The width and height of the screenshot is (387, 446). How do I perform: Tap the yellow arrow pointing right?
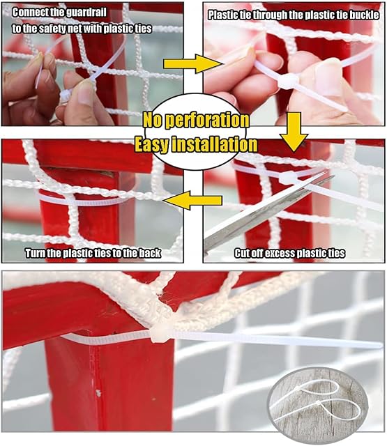[x=191, y=64]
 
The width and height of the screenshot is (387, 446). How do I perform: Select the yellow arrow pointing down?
[x=294, y=132]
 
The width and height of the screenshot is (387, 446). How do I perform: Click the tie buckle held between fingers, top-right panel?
[x=288, y=81]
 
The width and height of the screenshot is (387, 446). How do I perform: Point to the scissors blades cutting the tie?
[x=268, y=211]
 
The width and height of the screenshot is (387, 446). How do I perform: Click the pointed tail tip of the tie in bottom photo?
[x=381, y=346]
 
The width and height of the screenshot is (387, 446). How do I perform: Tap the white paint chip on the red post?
[x=98, y=393]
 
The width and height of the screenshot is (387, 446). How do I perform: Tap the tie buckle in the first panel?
[x=66, y=95]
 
